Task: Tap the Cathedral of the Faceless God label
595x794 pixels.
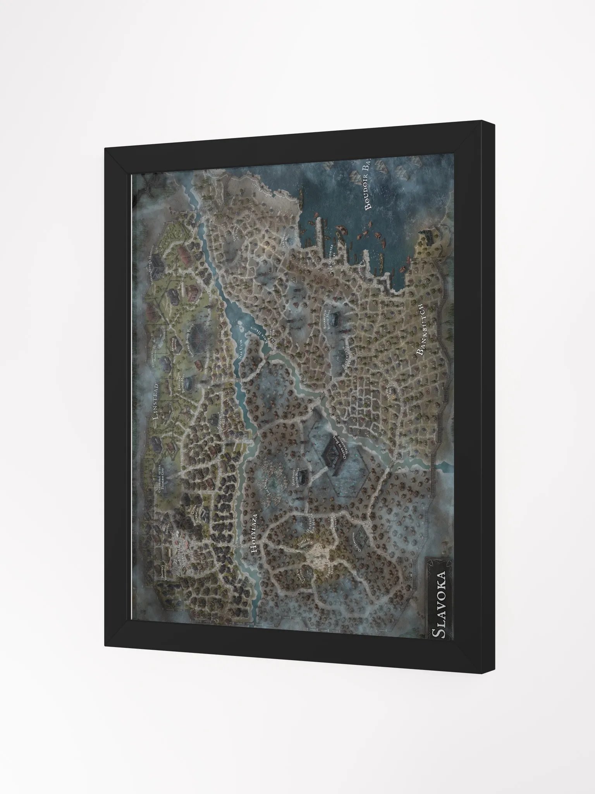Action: click(x=158, y=481)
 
